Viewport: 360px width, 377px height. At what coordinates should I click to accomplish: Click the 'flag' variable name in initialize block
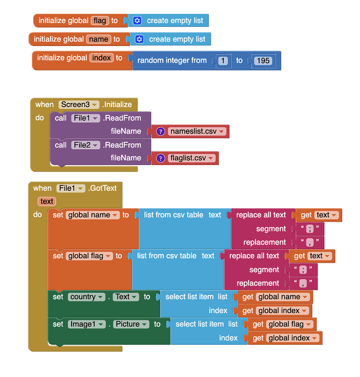[100, 21]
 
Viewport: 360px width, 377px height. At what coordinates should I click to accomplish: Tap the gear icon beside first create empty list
[137, 21]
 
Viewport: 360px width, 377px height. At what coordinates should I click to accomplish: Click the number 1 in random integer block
[223, 61]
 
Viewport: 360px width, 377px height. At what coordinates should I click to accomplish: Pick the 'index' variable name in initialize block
[101, 58]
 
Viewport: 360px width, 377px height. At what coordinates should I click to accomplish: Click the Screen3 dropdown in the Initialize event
[78, 105]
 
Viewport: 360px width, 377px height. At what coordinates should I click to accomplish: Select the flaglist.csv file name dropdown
[192, 158]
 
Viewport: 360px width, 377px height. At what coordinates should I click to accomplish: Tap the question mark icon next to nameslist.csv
[160, 132]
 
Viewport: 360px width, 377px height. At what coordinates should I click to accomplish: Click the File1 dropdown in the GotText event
[70, 188]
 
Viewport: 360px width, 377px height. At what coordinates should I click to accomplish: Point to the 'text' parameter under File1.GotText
[47, 201]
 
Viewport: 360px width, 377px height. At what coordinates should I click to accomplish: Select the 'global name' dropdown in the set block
[93, 215]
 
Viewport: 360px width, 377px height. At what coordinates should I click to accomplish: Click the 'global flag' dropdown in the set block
[89, 256]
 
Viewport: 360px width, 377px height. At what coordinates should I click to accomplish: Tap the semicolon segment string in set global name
[310, 229]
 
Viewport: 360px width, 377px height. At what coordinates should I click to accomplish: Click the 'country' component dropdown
[87, 297]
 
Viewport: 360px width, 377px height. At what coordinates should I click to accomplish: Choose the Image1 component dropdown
[87, 324]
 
